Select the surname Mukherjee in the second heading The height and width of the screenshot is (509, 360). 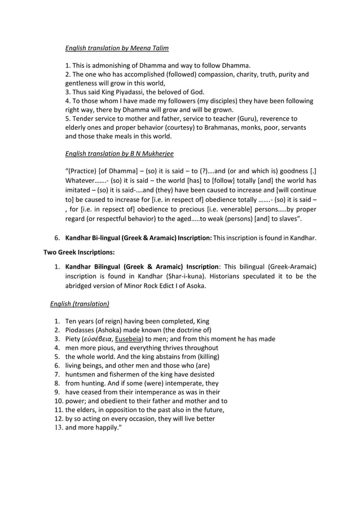(x=159, y=153)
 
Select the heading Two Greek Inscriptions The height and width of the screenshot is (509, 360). (x=79, y=252)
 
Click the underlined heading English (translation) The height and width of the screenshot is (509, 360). (x=80, y=304)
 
